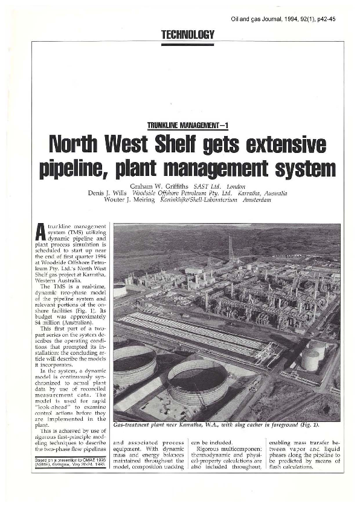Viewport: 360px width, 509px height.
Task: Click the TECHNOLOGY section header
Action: pos(188,35)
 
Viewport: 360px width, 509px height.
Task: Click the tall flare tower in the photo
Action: pos(231,247)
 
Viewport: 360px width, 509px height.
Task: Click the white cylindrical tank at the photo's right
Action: pos(311,359)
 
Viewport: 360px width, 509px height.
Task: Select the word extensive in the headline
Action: pos(283,145)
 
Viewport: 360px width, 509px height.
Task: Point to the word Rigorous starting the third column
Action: pos(212,447)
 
